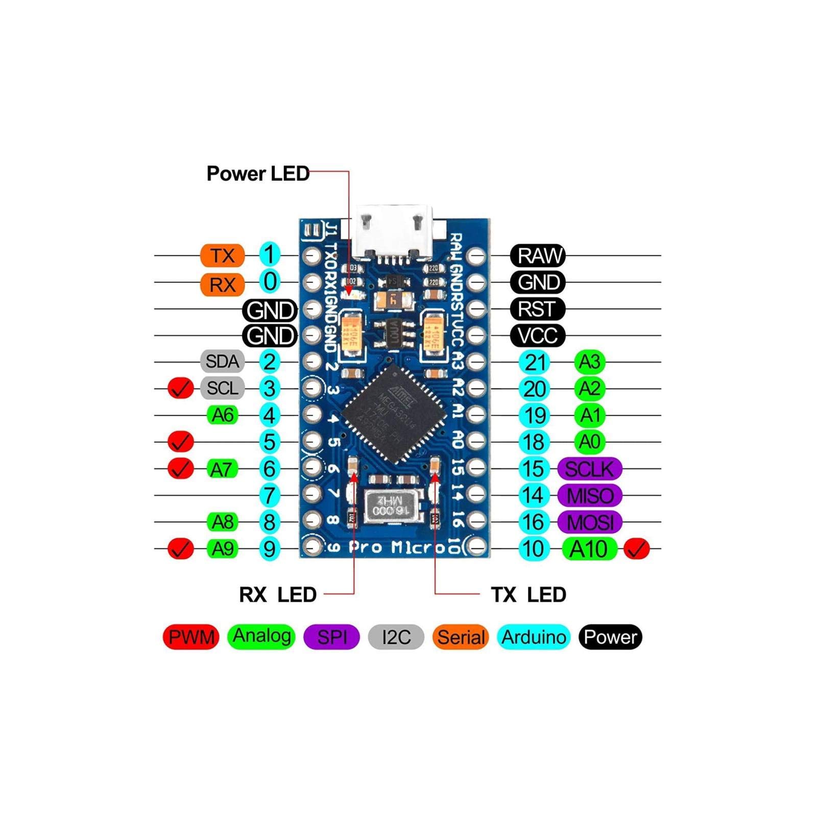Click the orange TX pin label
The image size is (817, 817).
coord(222,255)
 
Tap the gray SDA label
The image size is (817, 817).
coord(222,362)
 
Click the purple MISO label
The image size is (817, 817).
coord(590,495)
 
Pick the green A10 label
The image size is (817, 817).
coord(589,549)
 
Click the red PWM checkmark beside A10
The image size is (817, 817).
coord(637,549)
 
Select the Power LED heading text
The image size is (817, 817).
coord(258,174)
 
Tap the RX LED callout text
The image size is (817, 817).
coord(278,594)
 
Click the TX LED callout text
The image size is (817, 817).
coord(528,594)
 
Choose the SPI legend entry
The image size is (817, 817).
coord(331,637)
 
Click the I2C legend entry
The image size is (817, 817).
coord(396,637)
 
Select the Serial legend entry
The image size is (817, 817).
coord(461,637)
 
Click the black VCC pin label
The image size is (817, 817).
coord(538,335)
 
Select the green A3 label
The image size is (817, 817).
coord(590,362)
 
